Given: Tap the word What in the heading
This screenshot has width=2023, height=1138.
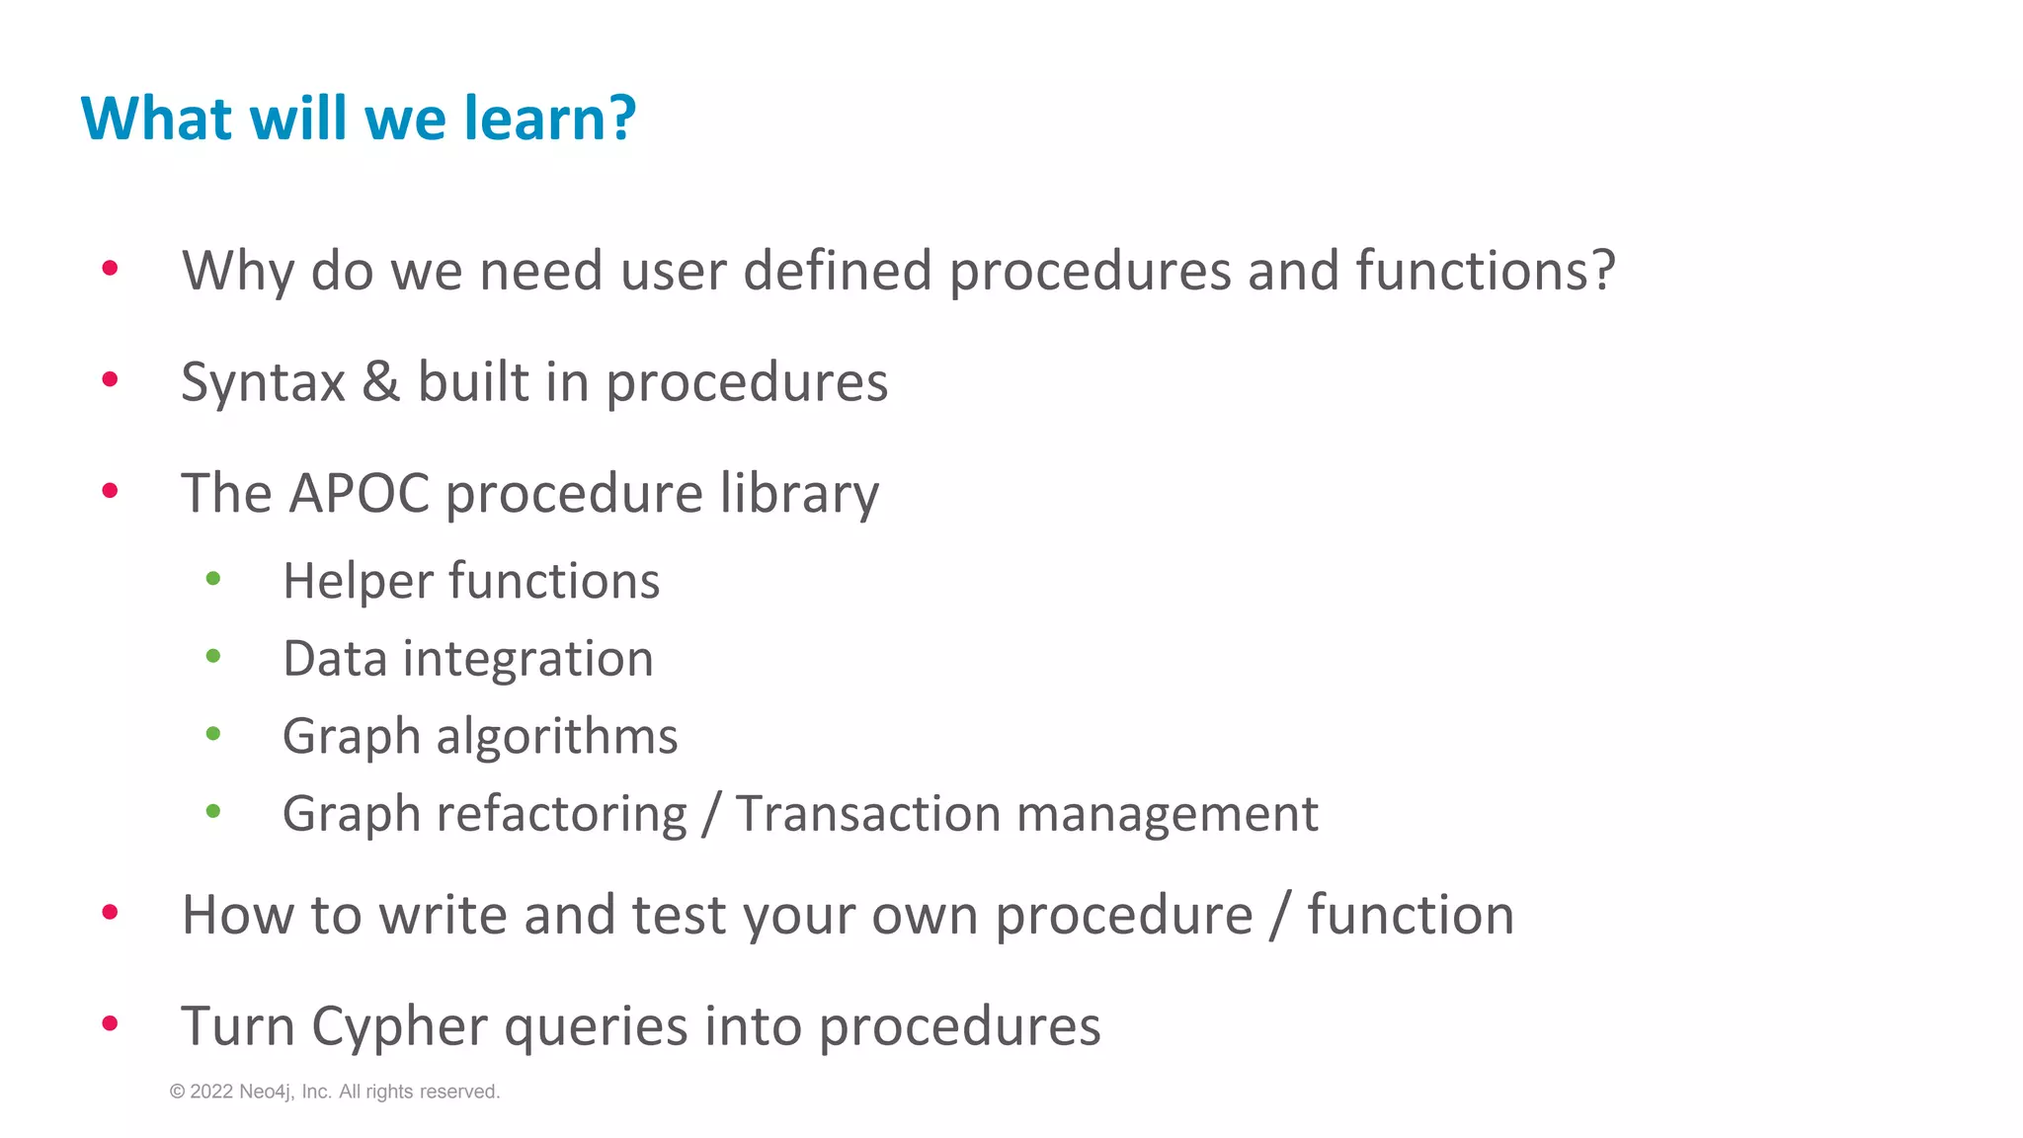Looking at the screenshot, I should (x=156, y=119).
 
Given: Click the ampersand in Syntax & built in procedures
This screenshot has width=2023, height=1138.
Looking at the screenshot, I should (x=381, y=382).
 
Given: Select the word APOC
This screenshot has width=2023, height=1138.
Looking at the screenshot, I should (x=360, y=493).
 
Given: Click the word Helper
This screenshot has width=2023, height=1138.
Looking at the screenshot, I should (x=358, y=581).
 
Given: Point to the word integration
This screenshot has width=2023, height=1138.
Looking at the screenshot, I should (x=527, y=659).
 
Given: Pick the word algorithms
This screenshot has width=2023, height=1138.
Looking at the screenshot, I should (x=557, y=736).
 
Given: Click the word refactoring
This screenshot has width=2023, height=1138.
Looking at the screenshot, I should (x=561, y=814).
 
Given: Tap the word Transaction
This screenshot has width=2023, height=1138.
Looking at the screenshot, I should (x=868, y=814).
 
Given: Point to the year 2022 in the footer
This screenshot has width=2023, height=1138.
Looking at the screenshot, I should (x=211, y=1092).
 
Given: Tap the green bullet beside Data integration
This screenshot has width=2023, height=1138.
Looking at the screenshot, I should (x=213, y=656).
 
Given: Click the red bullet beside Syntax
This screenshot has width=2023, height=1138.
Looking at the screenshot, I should (x=110, y=379).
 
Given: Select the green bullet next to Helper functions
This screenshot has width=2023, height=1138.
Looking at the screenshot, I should (x=213, y=579).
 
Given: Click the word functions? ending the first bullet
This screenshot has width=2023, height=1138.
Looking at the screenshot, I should (x=1485, y=271).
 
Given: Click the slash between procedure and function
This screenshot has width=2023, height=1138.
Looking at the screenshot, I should (x=1279, y=915).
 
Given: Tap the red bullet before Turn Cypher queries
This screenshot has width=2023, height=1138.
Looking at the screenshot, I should (x=110, y=1023).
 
